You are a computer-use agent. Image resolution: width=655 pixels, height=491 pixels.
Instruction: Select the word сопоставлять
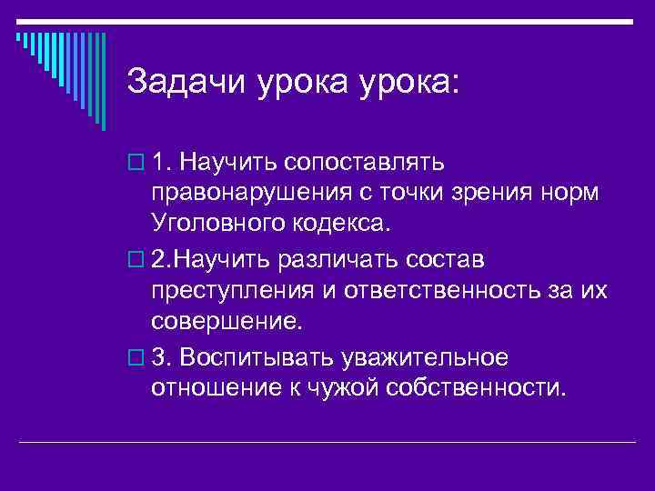pyautogui.click(x=364, y=162)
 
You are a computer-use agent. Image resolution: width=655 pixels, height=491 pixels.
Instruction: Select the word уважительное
pyautogui.click(x=424, y=357)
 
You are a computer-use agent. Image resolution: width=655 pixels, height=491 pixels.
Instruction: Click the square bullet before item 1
pyautogui.click(x=138, y=163)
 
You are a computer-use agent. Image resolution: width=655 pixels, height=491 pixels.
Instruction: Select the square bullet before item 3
pyautogui.click(x=138, y=358)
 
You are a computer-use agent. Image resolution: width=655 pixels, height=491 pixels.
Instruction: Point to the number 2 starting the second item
pyautogui.click(x=160, y=260)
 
